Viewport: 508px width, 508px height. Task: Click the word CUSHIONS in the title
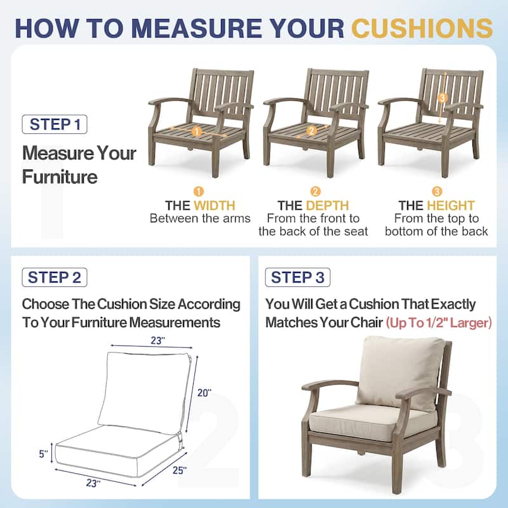coord(422,28)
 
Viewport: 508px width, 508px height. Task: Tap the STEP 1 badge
coord(55,124)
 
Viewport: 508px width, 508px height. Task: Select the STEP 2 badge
coord(55,277)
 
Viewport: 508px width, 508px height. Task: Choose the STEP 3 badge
coord(298,277)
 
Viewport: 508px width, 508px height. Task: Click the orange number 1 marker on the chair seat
coord(197,132)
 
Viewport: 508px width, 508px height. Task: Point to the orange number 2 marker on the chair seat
coord(312,131)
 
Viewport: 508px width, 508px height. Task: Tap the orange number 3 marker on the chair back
coord(442,98)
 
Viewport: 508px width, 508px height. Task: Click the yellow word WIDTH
coord(215,206)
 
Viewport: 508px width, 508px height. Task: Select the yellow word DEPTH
coord(327,206)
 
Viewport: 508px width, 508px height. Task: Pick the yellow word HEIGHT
coord(451,206)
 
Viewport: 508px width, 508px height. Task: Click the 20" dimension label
coord(204,393)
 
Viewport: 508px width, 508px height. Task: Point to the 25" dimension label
coord(180,470)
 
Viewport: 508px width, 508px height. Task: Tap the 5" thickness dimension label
coord(43,454)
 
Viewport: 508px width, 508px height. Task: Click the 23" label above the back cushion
coord(157,341)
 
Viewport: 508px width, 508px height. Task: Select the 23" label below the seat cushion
coord(93,483)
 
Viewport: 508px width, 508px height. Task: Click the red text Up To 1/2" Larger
coord(439,323)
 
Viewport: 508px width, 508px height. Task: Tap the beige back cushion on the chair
coord(401,373)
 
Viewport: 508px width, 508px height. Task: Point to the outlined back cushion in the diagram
coord(144,392)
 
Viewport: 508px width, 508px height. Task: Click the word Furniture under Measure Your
coord(60,177)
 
